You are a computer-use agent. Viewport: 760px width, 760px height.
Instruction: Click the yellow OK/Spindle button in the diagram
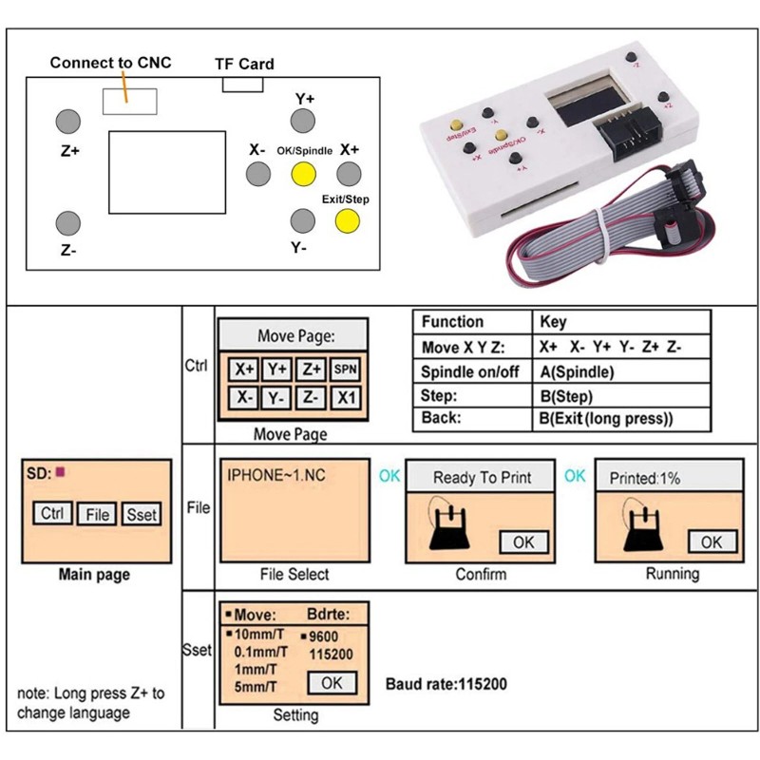(x=302, y=174)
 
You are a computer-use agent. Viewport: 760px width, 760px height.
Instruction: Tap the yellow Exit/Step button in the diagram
(x=348, y=221)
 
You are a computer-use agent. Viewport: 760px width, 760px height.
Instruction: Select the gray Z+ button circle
(x=67, y=122)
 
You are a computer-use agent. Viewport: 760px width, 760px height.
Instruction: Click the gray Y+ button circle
(x=302, y=121)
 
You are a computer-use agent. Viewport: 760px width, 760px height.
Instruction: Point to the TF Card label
(x=243, y=65)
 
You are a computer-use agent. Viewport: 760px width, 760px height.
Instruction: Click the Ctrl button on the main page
(x=52, y=513)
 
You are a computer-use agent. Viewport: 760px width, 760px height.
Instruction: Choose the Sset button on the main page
(x=142, y=514)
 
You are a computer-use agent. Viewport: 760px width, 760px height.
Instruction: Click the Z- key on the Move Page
(x=310, y=399)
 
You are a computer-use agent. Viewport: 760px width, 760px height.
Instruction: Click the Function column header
(x=452, y=322)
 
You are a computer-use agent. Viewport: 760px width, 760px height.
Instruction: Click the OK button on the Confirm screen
(x=523, y=541)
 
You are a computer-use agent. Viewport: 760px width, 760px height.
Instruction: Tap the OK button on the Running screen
(x=712, y=541)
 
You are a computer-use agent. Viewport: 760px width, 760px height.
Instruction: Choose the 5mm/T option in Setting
(x=256, y=687)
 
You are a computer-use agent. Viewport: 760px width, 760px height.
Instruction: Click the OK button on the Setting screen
(x=332, y=682)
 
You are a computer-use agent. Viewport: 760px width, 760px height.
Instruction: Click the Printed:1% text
(x=645, y=479)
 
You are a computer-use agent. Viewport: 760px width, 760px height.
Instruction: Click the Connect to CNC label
(x=110, y=63)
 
